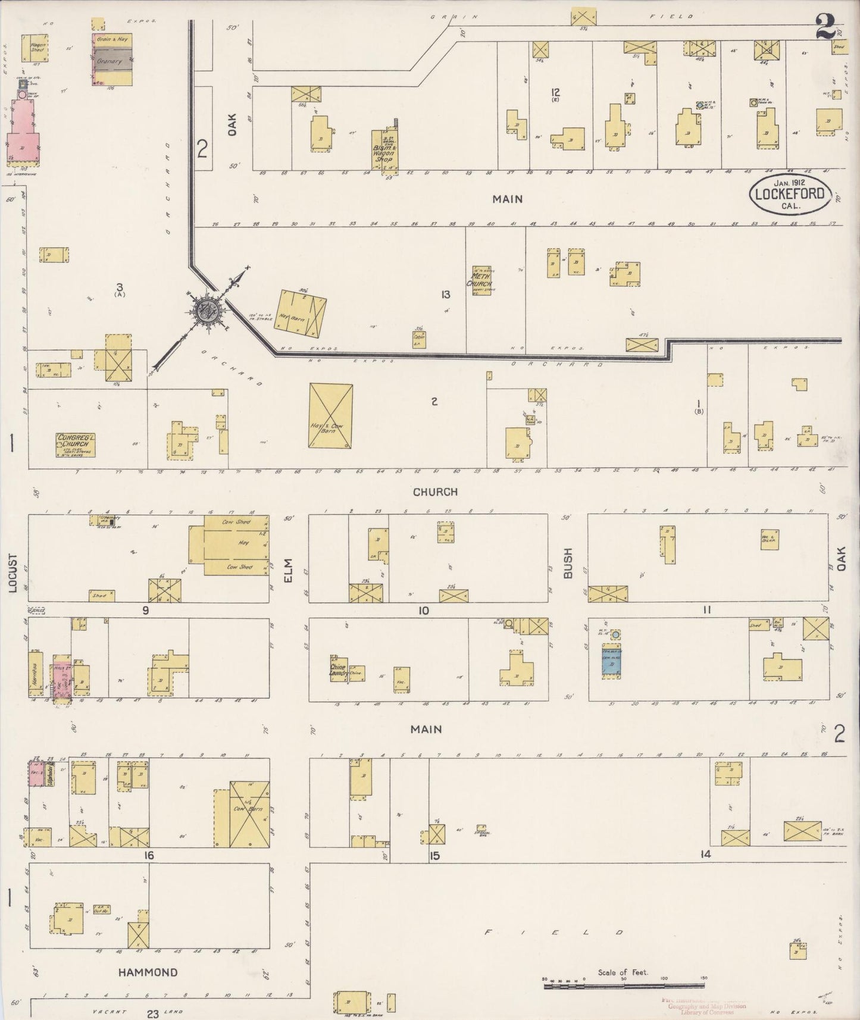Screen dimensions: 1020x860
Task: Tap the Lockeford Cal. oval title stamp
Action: point(790,194)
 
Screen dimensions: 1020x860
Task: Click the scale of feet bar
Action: point(624,986)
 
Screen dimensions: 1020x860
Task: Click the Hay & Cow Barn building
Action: point(331,415)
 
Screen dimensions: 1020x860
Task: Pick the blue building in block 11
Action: point(611,662)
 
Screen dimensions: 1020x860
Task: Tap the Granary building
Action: point(112,60)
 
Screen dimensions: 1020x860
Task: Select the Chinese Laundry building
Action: point(339,670)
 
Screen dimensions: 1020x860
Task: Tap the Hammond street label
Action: point(148,972)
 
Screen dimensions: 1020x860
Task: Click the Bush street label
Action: point(568,564)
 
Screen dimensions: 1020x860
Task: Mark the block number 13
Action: point(446,294)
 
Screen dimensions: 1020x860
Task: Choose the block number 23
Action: point(153,1014)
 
